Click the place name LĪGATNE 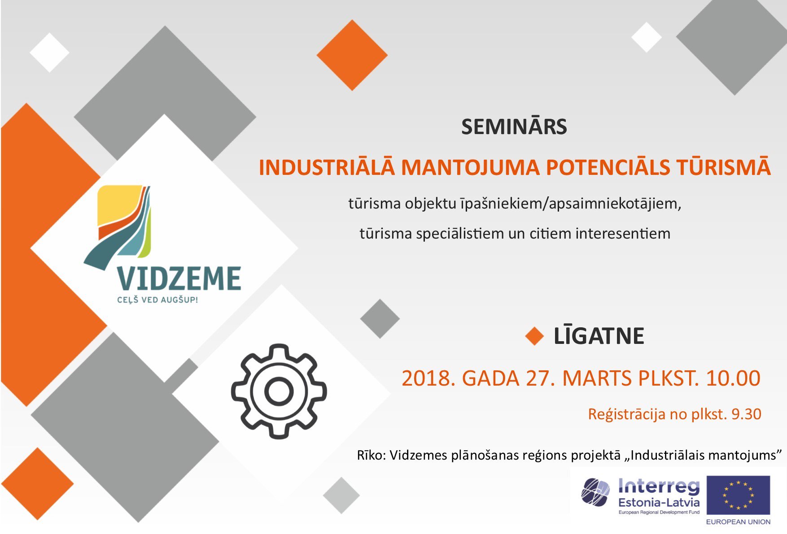coord(599,336)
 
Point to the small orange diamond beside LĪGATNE coord(534,336)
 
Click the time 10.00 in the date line coord(733,378)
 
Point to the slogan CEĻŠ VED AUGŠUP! coord(157,300)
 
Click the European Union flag coord(738,495)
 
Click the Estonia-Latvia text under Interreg coord(659,502)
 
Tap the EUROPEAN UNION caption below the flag coord(738,521)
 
